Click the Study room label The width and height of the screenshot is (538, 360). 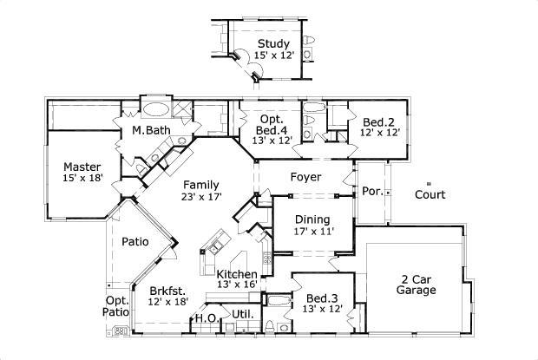pyautogui.click(x=274, y=43)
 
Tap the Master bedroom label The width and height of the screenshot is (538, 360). pyautogui.click(x=82, y=167)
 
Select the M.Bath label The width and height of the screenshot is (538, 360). pyautogui.click(x=150, y=131)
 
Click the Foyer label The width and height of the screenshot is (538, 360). pyautogui.click(x=306, y=177)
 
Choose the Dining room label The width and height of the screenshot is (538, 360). pyautogui.click(x=312, y=219)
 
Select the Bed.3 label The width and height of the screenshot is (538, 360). pyautogui.click(x=322, y=298)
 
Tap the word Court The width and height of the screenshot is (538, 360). pyautogui.click(x=430, y=195)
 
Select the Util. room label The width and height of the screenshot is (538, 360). pyautogui.click(x=241, y=313)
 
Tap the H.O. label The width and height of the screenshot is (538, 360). pyautogui.click(x=206, y=318)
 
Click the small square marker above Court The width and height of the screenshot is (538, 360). pyautogui.click(x=429, y=181)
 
